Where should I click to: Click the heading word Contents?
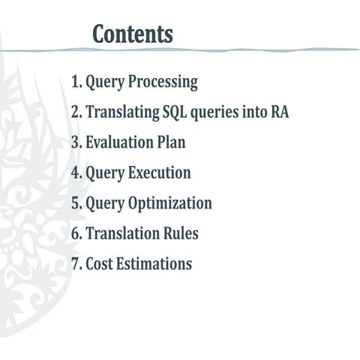133,34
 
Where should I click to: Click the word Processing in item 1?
160,82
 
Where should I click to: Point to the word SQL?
175,112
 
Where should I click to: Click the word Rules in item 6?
179,234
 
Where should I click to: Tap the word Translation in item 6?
121,234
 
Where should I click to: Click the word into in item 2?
253,112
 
